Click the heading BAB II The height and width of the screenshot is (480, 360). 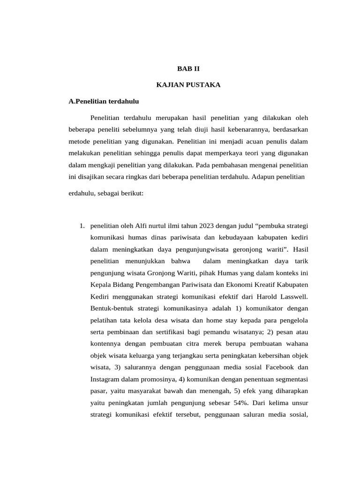pos(188,68)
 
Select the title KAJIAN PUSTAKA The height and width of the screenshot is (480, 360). pos(188,85)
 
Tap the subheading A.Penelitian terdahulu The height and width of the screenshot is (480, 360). pos(104,101)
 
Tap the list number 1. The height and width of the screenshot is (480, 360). pos(82,226)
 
